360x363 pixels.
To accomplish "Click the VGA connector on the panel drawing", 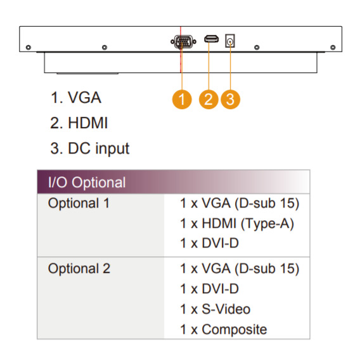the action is (183, 42).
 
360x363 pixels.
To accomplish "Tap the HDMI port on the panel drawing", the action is (211, 39).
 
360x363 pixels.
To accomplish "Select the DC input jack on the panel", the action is (230, 41).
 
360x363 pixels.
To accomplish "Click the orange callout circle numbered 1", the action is (182, 99).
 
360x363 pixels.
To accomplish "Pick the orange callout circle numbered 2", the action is (209, 99).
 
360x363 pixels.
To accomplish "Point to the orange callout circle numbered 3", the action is (230, 99).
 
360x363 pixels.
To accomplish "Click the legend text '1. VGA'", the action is (76, 98).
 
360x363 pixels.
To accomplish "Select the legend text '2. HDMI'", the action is (79, 122).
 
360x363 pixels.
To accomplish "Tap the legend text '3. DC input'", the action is (90, 148).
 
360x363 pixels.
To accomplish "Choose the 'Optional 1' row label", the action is (79, 203).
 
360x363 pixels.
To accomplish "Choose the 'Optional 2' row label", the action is (79, 269).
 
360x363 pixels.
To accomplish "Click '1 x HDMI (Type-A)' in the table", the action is (237, 224).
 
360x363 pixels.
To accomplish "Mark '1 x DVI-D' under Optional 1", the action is (209, 243).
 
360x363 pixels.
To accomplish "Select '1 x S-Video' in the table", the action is (215, 309).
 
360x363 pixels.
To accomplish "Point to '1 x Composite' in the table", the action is (223, 329).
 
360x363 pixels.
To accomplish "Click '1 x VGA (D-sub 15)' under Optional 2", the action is (240, 269).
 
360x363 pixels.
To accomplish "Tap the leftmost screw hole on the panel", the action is (29, 48).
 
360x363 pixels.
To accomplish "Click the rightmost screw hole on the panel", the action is (333, 48).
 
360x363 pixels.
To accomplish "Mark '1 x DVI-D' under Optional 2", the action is (209, 289).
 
